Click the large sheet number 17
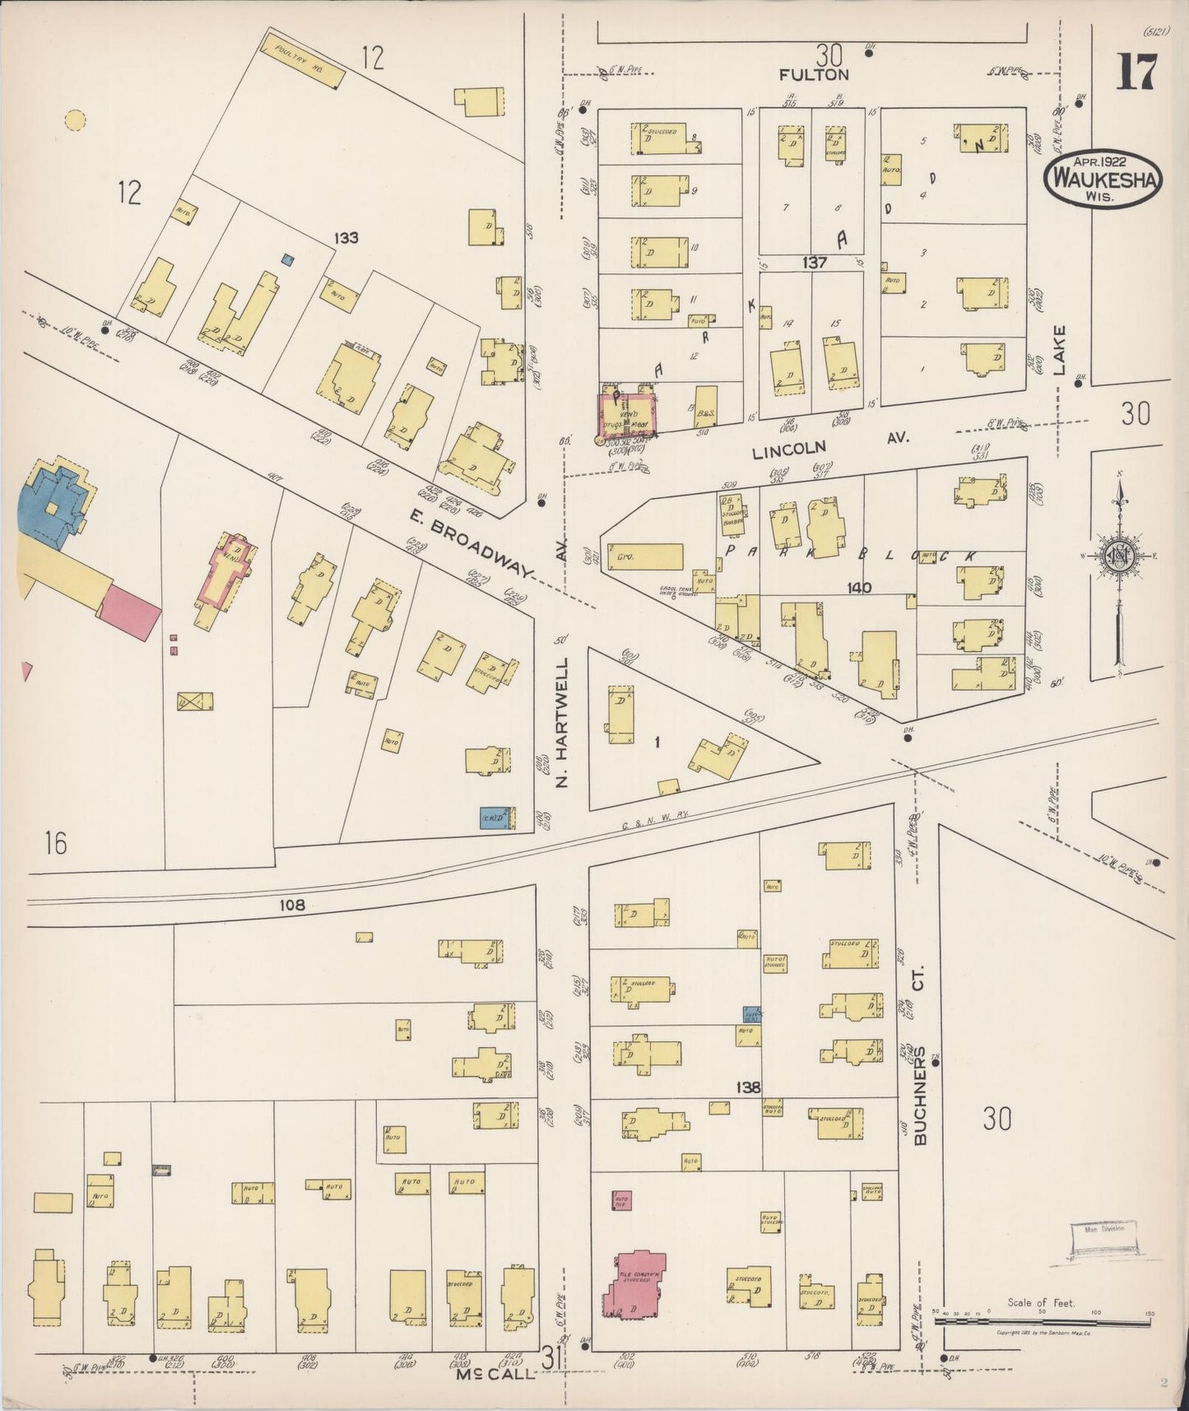pos(1136,72)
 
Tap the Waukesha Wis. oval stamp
pos(1103,177)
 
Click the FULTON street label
pos(814,75)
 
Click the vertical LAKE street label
pos(1059,351)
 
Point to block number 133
pos(346,238)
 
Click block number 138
pos(748,1087)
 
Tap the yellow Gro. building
pos(645,556)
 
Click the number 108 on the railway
pos(291,905)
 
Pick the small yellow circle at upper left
pos(75,121)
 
